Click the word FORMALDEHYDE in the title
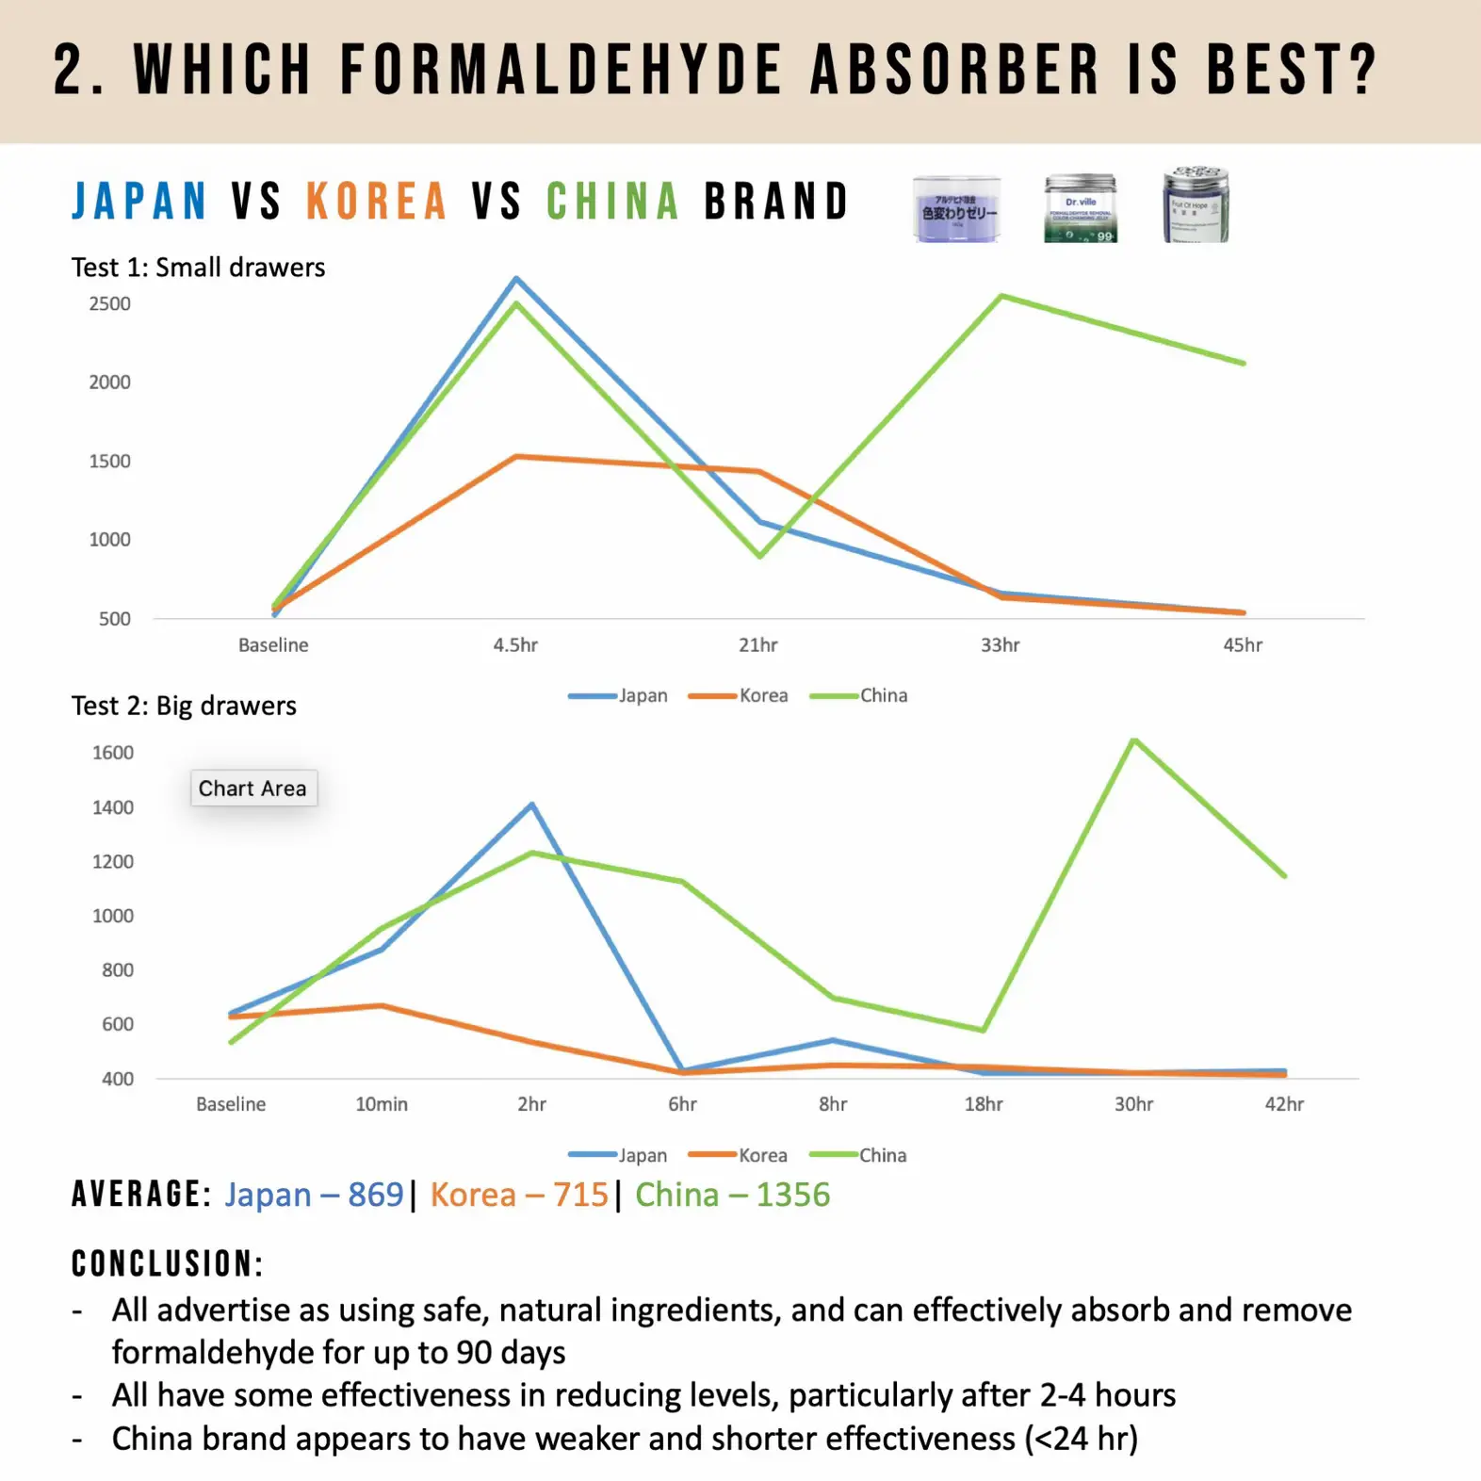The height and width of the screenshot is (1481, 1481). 561,70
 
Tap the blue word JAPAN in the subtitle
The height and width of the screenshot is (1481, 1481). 139,202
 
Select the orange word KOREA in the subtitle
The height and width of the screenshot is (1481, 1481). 376,202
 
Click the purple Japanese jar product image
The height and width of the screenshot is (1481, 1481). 956,208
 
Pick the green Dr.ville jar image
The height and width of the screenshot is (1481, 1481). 1080,208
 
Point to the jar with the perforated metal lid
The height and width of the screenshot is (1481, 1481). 1196,204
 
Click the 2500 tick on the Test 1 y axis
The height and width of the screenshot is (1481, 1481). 110,304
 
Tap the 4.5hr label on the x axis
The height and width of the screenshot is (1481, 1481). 515,645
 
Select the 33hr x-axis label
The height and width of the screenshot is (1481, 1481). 1000,645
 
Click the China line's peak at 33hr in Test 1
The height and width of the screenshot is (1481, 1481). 1001,297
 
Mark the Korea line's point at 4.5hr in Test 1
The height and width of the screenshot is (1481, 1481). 516,457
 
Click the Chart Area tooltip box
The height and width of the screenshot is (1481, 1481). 252,789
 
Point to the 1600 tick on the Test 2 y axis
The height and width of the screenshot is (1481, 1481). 113,753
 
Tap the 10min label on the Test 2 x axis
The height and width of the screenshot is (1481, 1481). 382,1104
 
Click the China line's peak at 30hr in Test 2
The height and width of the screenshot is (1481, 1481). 1134,740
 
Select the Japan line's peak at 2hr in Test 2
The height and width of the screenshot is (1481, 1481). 532,805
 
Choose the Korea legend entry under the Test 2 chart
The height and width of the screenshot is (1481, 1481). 761,1155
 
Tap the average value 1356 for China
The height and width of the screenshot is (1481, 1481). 793,1195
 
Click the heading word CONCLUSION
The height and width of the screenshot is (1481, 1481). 167,1264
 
